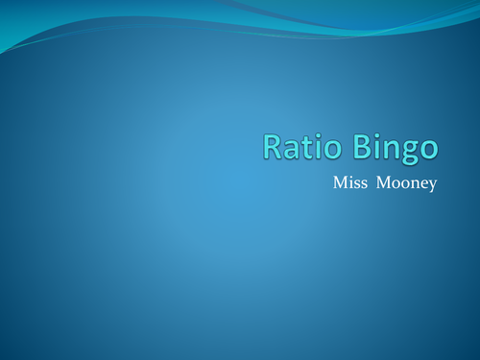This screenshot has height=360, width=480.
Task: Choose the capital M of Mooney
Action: (x=381, y=181)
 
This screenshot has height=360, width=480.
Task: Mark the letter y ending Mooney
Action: (x=432, y=185)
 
